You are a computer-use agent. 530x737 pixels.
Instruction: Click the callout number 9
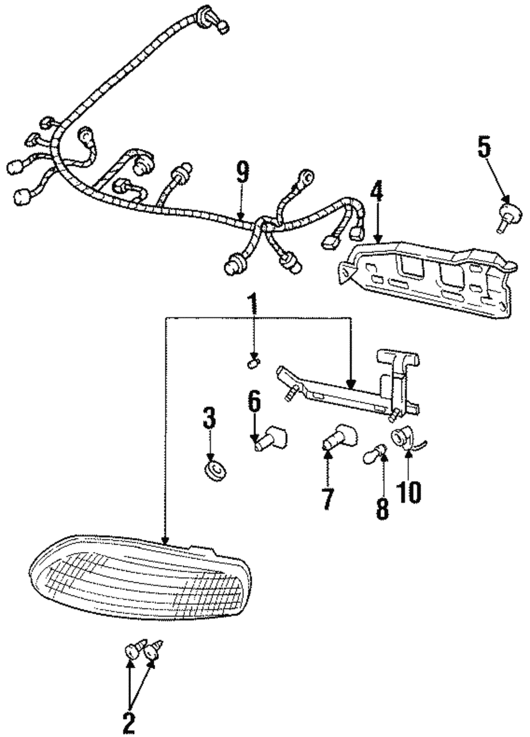pyautogui.click(x=242, y=174)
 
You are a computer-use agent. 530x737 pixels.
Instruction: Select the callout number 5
pyautogui.click(x=484, y=148)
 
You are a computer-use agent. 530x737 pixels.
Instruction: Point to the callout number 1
pyautogui.click(x=253, y=306)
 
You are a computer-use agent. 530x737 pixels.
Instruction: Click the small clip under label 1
pyautogui.click(x=253, y=363)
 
